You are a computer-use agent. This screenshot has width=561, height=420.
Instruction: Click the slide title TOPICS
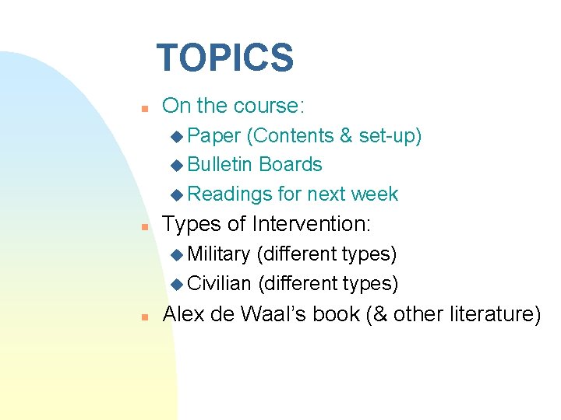pos(224,58)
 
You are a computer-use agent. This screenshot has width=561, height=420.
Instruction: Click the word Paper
pos(214,136)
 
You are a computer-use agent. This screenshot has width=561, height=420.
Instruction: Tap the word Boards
pos(291,165)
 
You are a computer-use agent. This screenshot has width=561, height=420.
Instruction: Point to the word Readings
pos(231,194)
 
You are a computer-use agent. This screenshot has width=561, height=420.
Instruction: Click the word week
pos(375,194)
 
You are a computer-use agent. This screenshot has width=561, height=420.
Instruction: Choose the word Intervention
pos(311,225)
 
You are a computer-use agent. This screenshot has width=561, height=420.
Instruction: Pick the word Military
pos(219,254)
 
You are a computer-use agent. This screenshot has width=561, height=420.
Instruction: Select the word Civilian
pos(219,284)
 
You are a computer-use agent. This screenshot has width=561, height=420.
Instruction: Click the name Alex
pos(185,314)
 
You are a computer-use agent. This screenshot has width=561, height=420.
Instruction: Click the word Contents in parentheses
pos(289,136)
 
